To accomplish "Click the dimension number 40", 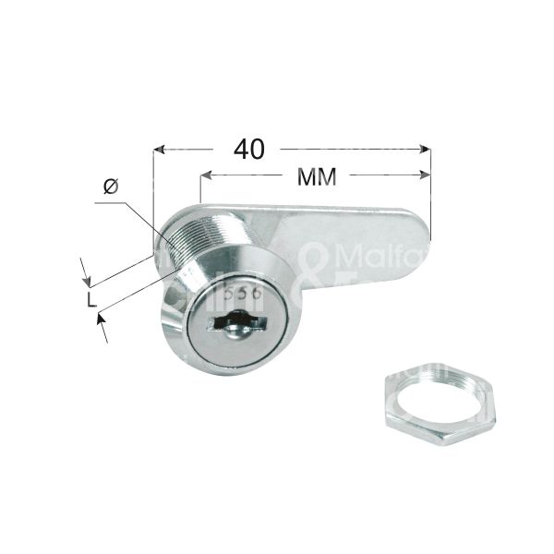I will (x=249, y=147).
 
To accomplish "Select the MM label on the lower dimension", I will (x=316, y=175).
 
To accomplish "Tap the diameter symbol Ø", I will (x=111, y=187).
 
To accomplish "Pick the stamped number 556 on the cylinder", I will (x=239, y=290).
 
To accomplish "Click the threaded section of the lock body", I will (x=185, y=242).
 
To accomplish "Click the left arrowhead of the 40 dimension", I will (x=159, y=148).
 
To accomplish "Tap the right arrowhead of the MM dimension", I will (x=427, y=175).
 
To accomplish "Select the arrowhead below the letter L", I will (x=100, y=319).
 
